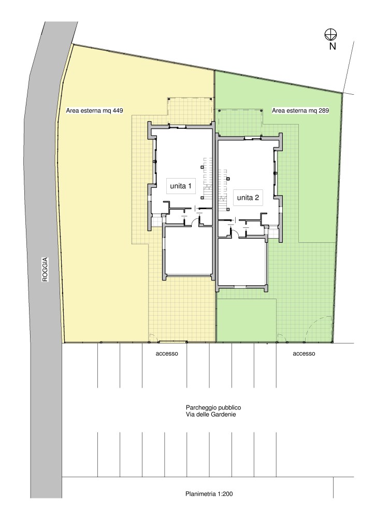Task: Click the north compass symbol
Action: coord(330,34)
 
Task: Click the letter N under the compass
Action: coord(333,46)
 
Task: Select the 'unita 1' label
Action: coord(181,186)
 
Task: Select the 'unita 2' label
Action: coord(248,197)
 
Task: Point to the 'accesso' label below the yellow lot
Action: coord(167,354)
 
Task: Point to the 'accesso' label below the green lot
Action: coord(304,354)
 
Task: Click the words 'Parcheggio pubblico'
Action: coord(213,408)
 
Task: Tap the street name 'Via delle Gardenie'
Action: coord(211,415)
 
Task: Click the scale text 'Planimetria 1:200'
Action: coord(209,494)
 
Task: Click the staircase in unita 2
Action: coord(223,185)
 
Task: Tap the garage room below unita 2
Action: coord(241,261)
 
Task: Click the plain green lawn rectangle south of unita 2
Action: coord(246,320)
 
